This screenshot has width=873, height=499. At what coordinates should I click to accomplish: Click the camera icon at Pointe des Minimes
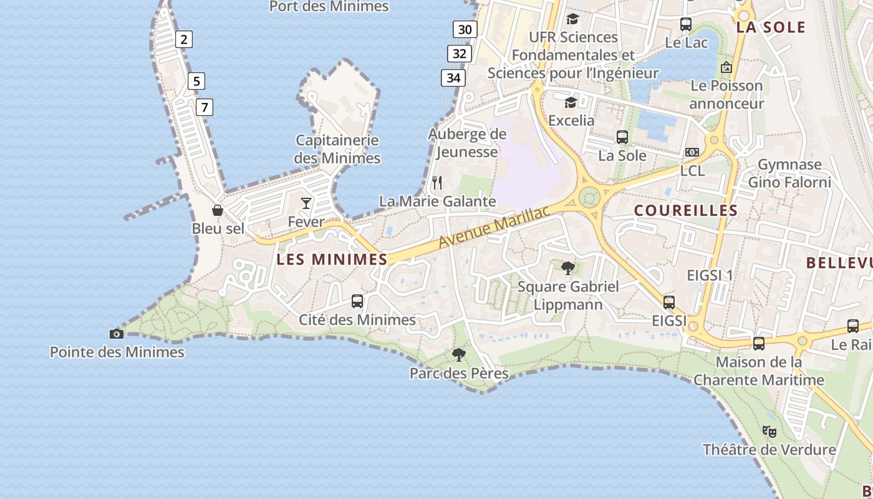click(117, 334)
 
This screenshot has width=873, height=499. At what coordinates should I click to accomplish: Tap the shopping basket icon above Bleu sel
click(218, 210)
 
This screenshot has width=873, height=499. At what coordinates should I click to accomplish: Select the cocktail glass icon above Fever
click(306, 203)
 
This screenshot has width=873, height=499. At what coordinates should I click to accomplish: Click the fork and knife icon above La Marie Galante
click(437, 183)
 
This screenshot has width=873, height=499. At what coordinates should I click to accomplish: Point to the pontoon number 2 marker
click(183, 39)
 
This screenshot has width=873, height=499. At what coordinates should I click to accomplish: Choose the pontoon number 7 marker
click(204, 107)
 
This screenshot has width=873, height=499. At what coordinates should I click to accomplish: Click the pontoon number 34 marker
click(453, 78)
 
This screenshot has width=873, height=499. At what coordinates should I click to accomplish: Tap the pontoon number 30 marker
click(465, 29)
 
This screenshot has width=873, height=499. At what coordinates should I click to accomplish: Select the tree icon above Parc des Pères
click(459, 355)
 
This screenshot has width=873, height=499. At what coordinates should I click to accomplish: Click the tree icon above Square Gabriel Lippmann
click(568, 268)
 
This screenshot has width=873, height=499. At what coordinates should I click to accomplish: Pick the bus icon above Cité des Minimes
click(357, 301)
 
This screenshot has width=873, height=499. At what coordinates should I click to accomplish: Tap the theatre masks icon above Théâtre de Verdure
click(769, 431)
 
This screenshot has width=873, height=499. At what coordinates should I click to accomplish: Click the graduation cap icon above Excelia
click(571, 102)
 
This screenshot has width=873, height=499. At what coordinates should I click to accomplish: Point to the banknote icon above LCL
click(692, 152)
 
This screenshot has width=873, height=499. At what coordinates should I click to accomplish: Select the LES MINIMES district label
click(332, 259)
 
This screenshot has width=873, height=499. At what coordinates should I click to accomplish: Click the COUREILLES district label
click(686, 211)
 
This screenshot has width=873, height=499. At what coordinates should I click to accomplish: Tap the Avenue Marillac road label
click(494, 226)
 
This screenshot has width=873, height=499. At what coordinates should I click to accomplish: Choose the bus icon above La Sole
click(622, 137)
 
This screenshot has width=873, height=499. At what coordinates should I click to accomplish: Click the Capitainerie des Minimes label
click(337, 149)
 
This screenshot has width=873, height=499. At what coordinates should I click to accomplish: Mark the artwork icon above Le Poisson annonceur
click(726, 67)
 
